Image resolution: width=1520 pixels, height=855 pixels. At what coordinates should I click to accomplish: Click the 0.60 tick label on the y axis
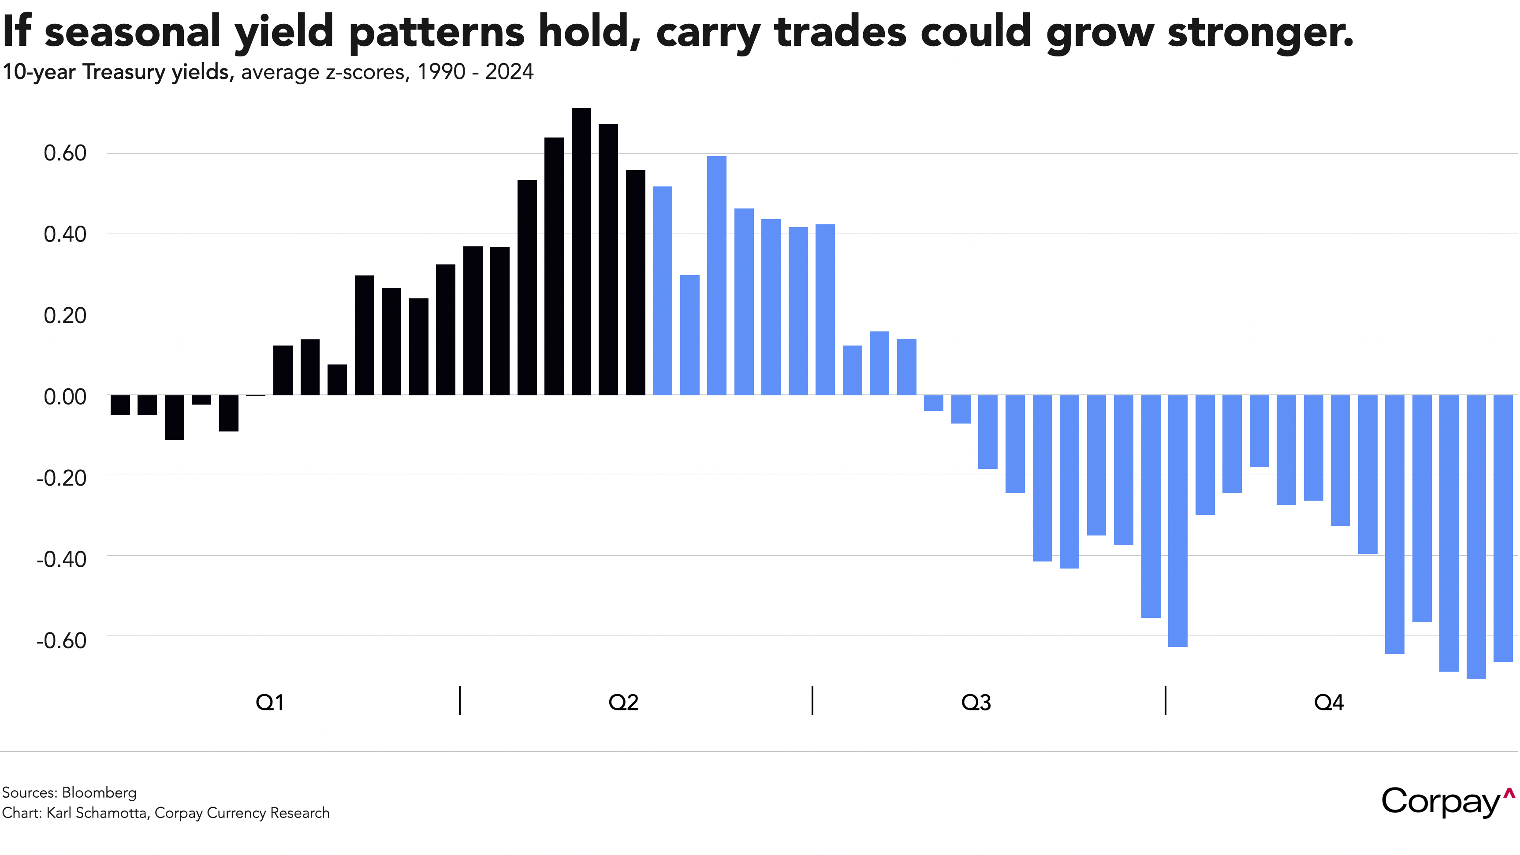65,153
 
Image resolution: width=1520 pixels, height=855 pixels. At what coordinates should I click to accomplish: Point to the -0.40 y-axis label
61,558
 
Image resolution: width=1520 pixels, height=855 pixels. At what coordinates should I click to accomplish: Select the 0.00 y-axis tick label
65,397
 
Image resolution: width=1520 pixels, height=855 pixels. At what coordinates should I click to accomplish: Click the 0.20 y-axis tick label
65,316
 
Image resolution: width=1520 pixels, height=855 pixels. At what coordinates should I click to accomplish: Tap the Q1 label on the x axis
270,702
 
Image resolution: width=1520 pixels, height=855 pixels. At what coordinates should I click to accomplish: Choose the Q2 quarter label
623,702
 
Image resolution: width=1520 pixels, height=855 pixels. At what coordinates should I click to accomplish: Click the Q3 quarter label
976,702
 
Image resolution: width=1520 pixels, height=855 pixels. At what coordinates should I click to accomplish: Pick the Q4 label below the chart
1329,702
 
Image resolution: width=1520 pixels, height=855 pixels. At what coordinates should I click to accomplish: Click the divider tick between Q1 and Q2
460,700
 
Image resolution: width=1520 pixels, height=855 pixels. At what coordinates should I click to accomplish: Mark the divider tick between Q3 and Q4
1166,700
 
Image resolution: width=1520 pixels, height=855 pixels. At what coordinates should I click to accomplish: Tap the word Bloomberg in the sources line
99,792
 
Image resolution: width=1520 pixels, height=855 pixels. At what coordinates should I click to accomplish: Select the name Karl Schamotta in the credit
97,813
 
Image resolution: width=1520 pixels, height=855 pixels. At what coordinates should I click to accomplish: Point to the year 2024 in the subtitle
509,72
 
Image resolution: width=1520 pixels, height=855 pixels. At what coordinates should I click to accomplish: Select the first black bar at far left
120,405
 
